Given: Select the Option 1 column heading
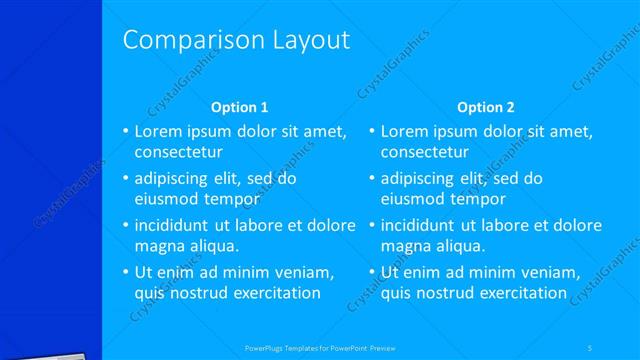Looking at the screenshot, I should [240, 107].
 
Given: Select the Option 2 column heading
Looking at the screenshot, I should [485, 107].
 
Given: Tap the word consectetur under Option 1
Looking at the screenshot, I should [178, 152].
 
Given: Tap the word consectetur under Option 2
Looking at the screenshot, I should [425, 152].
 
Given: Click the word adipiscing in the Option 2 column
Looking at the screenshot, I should [421, 178].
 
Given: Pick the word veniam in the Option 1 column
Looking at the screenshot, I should [304, 272].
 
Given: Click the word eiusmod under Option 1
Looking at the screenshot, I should [164, 199].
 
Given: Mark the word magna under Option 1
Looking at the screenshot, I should [158, 246].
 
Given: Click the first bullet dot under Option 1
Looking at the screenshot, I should [125, 132].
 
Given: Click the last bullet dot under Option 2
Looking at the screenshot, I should [372, 272].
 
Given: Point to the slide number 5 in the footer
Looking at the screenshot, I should [590, 348].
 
